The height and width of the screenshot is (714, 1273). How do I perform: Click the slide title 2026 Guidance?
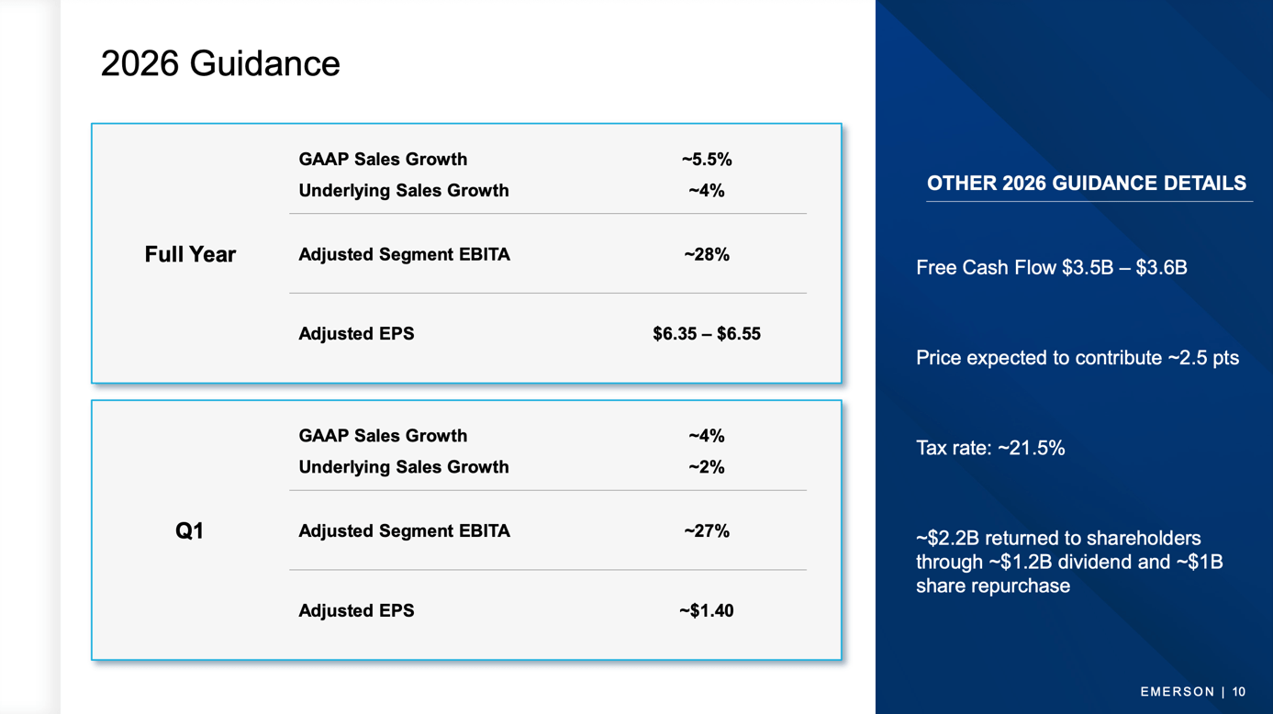pos(220,63)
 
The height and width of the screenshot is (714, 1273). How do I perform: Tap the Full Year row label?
pos(190,254)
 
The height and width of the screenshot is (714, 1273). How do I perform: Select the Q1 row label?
pos(189,530)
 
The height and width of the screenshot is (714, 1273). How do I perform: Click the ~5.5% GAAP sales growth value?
pos(706,160)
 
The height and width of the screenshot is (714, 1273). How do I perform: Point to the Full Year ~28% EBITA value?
pos(706,254)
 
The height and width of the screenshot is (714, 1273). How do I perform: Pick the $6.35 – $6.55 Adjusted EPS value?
pos(706,334)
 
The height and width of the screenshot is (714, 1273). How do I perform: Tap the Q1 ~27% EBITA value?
pos(706,530)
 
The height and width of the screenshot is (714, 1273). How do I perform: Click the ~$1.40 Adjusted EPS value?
pos(706,610)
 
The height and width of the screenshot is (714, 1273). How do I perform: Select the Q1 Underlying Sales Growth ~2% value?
pos(706,467)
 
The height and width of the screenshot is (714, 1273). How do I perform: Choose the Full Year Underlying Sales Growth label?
pos(403,191)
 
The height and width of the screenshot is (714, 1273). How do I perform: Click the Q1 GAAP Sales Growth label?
pos(383,436)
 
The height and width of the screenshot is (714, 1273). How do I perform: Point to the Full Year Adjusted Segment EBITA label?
pos(404,254)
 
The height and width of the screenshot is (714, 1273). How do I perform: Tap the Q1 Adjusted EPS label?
pos(356,610)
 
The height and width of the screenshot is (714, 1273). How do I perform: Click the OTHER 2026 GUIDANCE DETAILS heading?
pos(1086,184)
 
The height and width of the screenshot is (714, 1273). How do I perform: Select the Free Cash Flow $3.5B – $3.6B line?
pos(1051,268)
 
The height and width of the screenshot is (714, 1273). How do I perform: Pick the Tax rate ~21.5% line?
pos(990,448)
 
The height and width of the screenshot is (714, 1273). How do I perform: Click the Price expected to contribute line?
pos(1077,358)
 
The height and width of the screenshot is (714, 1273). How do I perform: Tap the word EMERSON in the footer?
pos(1177,692)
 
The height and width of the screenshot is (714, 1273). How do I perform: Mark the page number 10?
pos(1239,692)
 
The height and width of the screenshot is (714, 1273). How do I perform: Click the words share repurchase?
pos(992,586)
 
